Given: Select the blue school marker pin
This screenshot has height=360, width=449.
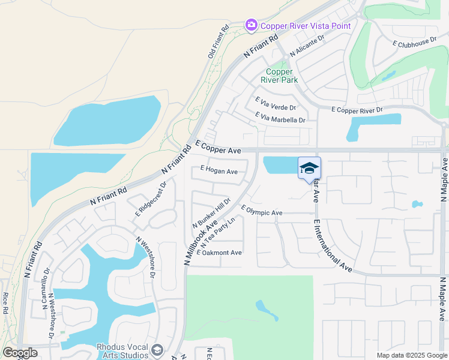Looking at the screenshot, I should pos(309,168).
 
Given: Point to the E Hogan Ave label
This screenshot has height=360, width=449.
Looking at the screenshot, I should pos(219,172).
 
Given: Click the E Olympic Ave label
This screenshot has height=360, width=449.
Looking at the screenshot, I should pos(262,211).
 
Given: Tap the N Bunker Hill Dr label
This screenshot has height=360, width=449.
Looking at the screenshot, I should pos(211,213).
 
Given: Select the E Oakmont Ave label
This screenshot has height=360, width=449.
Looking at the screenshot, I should pos(219,253).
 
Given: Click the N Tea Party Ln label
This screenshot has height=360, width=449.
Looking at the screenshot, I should pos(217,233).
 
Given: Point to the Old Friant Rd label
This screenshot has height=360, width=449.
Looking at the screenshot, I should pos(219,41).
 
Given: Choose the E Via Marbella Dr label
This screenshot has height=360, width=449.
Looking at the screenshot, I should pos(280,118).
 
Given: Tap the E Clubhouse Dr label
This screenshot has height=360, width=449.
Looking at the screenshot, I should pos(415,43).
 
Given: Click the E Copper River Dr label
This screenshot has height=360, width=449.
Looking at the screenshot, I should pos(357,109).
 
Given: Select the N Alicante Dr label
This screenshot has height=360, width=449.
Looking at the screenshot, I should pos(307,46).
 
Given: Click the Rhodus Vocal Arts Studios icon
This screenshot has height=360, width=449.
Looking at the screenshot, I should pos(157,350).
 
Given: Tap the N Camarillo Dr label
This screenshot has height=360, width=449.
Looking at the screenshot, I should pos(46,289).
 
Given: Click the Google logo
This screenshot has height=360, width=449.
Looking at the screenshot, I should pos(20,353).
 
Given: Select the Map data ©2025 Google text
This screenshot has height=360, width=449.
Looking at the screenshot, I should pos(412,355).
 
